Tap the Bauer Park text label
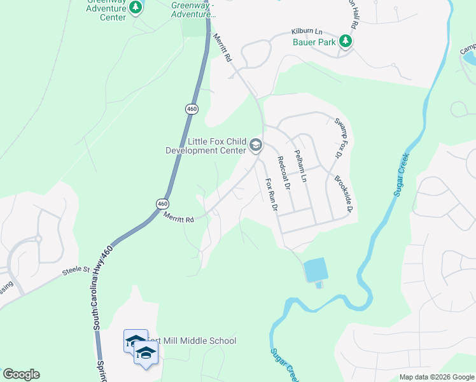(x=314, y=43)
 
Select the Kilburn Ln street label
(x=307, y=31)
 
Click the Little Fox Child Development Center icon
(x=256, y=146)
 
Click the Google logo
(x=21, y=374)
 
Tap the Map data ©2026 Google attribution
(x=437, y=377)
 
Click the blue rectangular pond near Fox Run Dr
(x=316, y=270)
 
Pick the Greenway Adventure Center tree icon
(x=135, y=8)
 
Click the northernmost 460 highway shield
(x=192, y=109)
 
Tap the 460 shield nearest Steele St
(x=162, y=203)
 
